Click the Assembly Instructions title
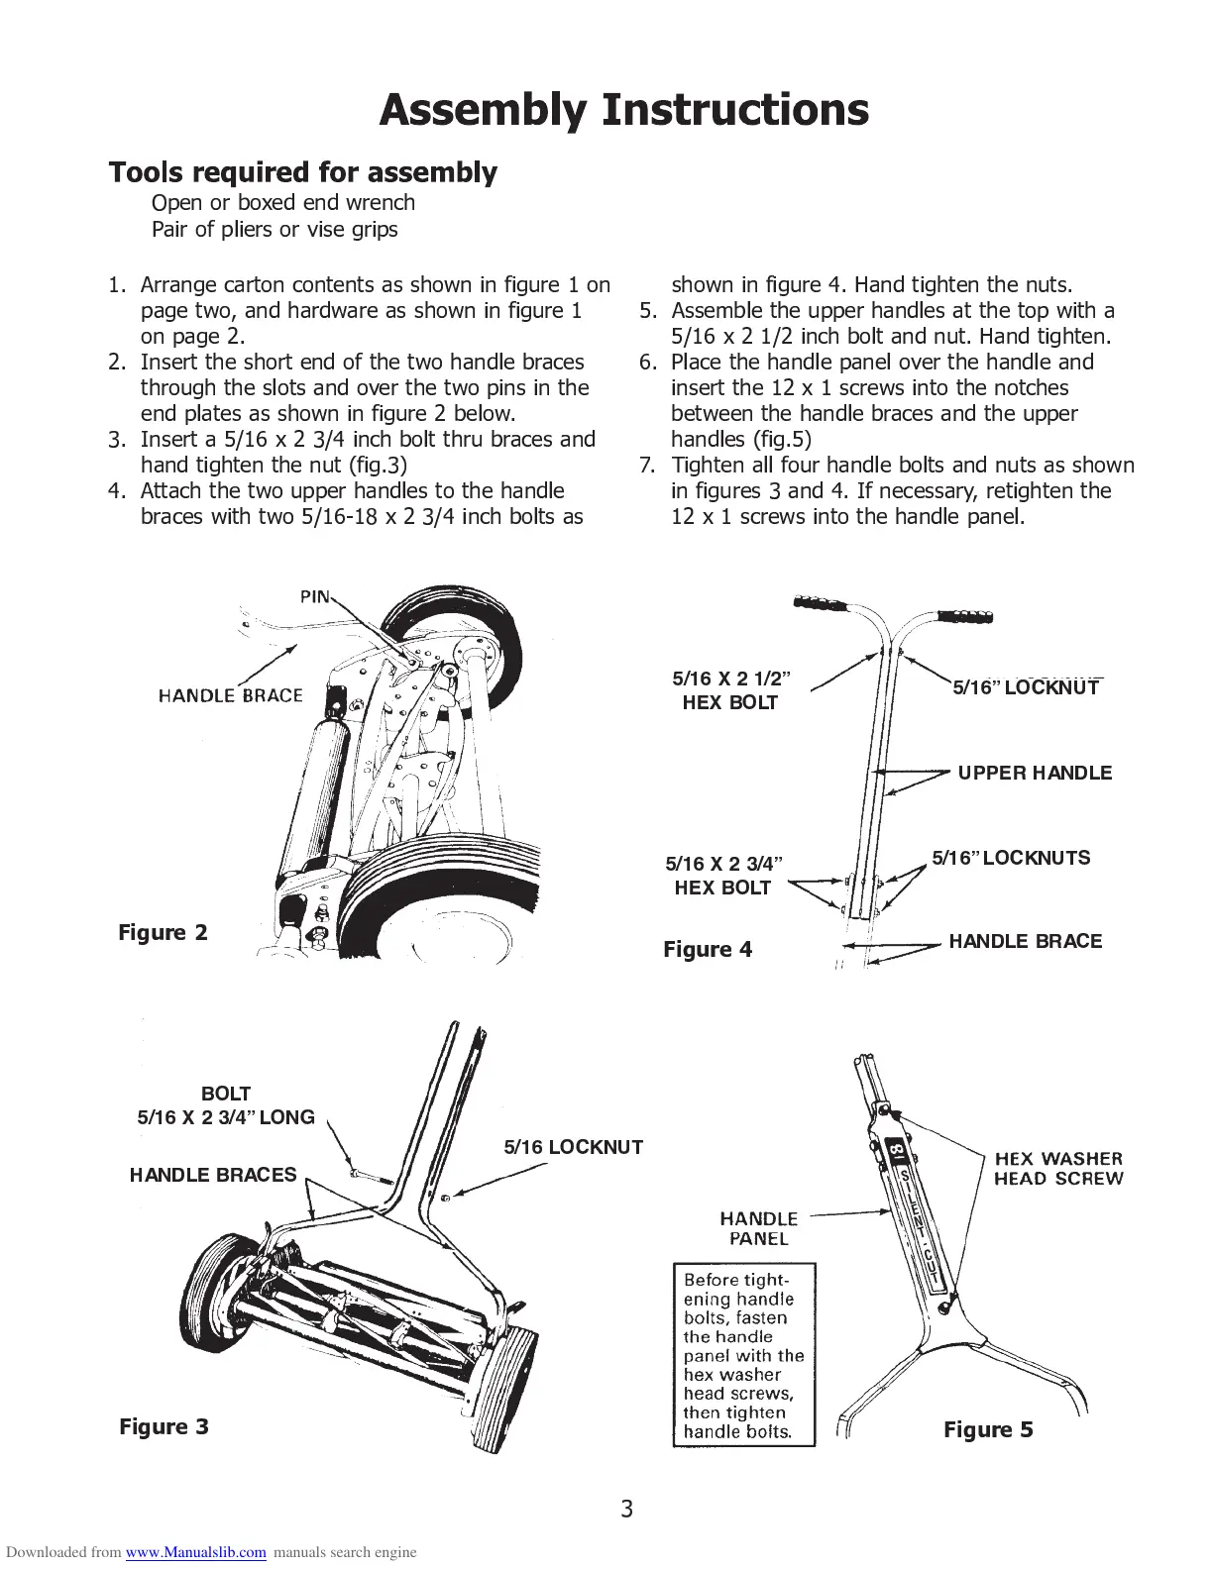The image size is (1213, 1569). tap(623, 110)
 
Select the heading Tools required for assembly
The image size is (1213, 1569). tap(302, 173)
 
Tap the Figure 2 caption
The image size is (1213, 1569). tap(164, 933)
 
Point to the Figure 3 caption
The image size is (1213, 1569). tap(164, 1427)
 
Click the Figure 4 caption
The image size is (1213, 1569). tap(708, 950)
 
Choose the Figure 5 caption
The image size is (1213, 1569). tap(988, 1430)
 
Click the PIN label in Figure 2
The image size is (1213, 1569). tap(316, 596)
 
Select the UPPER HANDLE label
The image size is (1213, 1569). tap(1035, 774)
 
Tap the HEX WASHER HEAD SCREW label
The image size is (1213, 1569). tap(1058, 1169)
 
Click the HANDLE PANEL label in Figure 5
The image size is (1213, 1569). tap(758, 1228)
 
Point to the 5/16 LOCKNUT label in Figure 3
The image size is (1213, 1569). tap(573, 1148)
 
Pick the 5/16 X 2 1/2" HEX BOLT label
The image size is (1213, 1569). tap(730, 690)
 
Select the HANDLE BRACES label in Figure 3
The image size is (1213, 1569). tap(213, 1176)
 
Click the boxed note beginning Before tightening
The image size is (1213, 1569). tap(743, 1355)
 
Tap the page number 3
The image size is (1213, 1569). tap(626, 1510)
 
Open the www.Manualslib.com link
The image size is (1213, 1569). tap(195, 1553)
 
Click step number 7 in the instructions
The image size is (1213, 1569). tap(649, 466)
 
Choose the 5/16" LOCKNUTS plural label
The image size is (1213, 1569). tap(1011, 859)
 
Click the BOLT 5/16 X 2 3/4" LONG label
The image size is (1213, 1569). tap(226, 1105)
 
